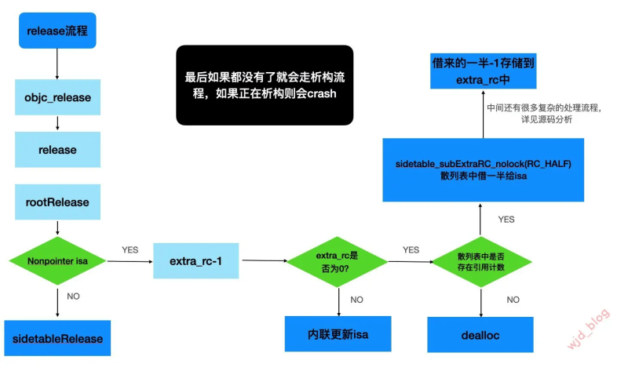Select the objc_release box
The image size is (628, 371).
tap(57, 97)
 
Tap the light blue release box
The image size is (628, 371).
tap(57, 149)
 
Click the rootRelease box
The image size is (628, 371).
tap(57, 202)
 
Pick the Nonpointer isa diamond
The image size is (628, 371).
tap(57, 261)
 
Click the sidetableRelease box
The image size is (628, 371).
tap(57, 337)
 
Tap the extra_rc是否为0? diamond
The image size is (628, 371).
tap(338, 261)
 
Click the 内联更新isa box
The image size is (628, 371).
tap(338, 335)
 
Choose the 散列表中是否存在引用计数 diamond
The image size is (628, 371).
tap(480, 261)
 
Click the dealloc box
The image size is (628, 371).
tap(480, 335)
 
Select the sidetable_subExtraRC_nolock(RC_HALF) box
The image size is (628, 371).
tap(484, 169)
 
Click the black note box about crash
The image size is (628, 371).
tap(264, 85)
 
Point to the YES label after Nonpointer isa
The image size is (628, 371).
tap(130, 249)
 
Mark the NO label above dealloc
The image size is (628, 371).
tap(513, 300)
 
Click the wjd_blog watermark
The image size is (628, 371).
tap(590, 328)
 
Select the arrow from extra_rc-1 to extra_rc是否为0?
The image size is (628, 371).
tap(263, 260)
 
